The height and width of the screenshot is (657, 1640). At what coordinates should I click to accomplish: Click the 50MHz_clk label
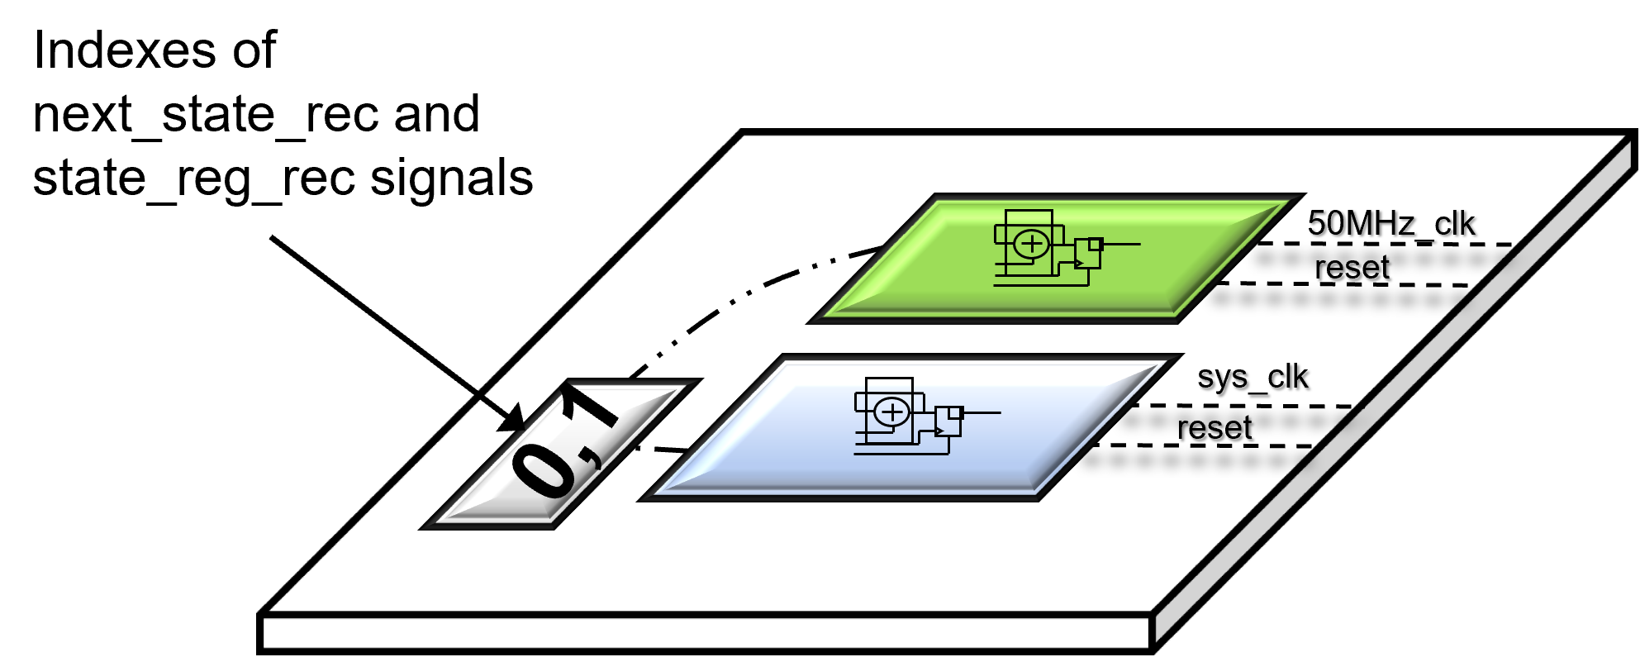tap(1390, 223)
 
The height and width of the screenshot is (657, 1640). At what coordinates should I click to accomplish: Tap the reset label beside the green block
tap(1352, 267)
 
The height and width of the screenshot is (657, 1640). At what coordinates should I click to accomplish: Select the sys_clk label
tap(1253, 377)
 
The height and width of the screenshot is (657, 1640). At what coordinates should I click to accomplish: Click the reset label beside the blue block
tap(1215, 428)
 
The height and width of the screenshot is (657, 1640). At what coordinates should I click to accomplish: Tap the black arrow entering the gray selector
tap(502, 412)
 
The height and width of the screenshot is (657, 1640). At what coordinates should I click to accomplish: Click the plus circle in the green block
tap(1031, 244)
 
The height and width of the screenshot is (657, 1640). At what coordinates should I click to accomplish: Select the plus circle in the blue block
tap(891, 412)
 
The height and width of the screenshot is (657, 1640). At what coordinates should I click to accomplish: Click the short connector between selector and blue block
tap(661, 449)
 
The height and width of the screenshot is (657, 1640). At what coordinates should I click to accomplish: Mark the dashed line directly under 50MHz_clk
tap(1388, 245)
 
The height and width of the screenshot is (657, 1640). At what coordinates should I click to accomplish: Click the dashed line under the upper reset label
tap(1347, 284)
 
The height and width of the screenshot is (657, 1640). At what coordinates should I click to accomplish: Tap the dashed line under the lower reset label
tap(1206, 445)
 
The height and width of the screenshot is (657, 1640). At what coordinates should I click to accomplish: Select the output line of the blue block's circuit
tap(982, 412)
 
